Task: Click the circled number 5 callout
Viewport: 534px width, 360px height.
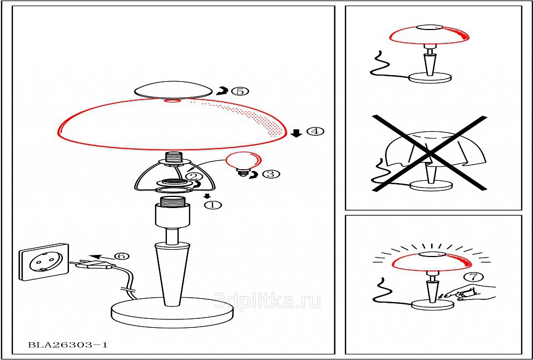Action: [240, 91]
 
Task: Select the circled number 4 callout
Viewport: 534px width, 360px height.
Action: [315, 131]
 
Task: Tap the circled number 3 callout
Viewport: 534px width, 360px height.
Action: [271, 174]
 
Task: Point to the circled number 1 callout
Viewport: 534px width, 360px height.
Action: [212, 205]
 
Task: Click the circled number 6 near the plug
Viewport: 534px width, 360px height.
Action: [122, 256]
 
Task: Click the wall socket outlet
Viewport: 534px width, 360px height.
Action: [44, 262]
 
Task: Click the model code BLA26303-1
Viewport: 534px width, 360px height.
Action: [67, 344]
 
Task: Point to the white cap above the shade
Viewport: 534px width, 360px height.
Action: [172, 91]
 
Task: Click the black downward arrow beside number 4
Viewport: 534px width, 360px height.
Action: [297, 133]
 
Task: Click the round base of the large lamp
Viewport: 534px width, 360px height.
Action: [173, 312]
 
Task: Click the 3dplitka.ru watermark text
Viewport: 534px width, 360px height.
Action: [268, 301]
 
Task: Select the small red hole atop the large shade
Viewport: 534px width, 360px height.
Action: [172, 101]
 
